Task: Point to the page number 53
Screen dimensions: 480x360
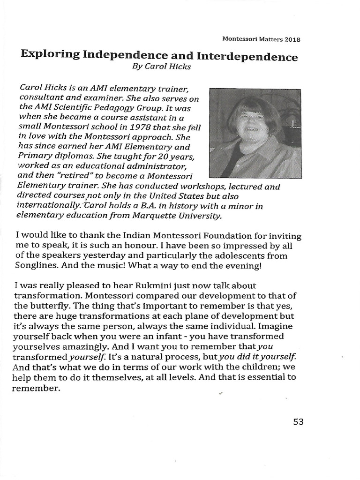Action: (x=298, y=421)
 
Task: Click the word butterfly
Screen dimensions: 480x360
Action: (x=52, y=306)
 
